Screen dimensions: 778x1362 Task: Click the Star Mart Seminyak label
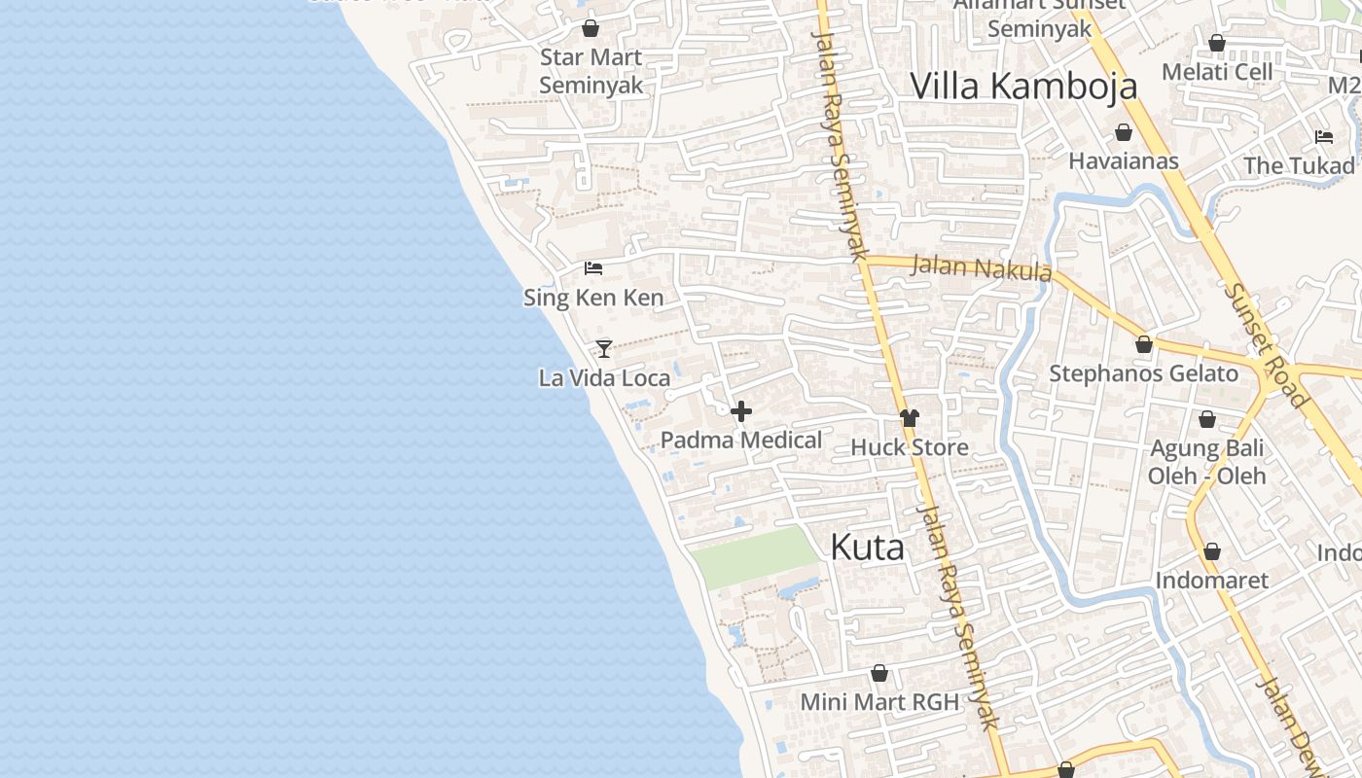591,71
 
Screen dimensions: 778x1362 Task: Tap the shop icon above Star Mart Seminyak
591,28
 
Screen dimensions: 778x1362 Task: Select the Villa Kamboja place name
1023,86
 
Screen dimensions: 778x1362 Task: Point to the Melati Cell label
1217,72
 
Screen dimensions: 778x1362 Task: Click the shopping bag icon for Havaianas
1124,132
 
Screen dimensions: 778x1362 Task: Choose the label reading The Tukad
1299,165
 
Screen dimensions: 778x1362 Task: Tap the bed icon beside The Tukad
1324,136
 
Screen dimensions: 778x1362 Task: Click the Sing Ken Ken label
593,298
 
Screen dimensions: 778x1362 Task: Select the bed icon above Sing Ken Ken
593,268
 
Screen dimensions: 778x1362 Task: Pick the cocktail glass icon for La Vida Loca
604,348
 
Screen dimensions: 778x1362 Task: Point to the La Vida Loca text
604,377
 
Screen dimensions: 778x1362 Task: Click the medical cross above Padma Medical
741,411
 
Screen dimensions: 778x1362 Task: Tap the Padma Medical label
741,440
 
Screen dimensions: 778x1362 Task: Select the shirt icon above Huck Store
910,418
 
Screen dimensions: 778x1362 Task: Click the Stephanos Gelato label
1143,373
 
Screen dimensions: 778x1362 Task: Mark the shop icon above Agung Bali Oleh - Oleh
1207,419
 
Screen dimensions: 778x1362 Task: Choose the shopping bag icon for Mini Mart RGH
879,673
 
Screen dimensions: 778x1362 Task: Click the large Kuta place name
867,548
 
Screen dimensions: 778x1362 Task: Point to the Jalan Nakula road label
981,267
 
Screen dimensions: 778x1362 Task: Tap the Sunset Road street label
1266,344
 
